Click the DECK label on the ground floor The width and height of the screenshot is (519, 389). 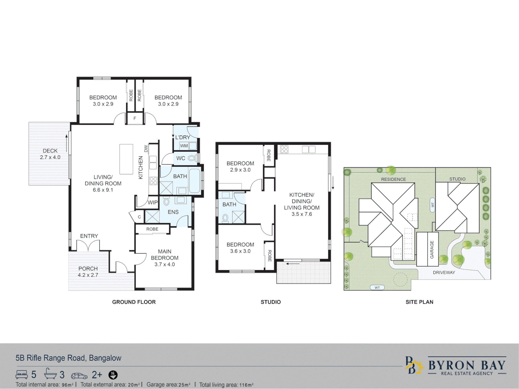tap(50, 151)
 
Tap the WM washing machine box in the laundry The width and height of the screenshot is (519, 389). tap(184, 146)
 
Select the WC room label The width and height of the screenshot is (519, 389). tap(181, 158)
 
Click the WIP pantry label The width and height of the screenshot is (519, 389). tap(153, 202)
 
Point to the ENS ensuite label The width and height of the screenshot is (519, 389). tap(173, 212)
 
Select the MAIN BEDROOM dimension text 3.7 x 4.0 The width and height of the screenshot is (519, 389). tap(164, 264)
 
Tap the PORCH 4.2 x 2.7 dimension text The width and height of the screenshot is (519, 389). tap(88, 275)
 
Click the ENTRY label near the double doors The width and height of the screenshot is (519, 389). tap(89, 236)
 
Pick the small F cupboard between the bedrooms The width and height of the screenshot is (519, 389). tap(135, 119)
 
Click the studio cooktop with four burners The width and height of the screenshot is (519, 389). tap(284, 149)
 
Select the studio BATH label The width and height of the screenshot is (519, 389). tap(229, 205)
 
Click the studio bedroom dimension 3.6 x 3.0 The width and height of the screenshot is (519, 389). tap(240, 251)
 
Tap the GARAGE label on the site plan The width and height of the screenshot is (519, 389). tap(432, 249)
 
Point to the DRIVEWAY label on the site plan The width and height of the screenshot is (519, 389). tap(444, 273)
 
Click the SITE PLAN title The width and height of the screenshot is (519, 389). tap(419, 302)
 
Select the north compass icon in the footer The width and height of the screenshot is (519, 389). tap(113, 375)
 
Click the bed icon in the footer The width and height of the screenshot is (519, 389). tap(22, 375)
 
